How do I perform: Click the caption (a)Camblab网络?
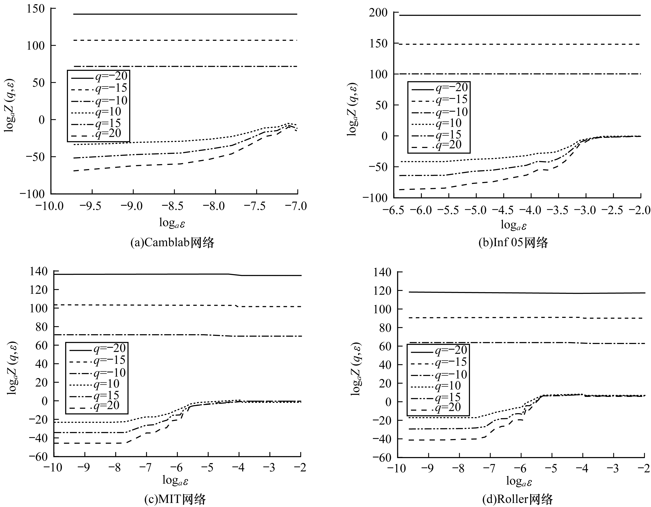pos(172,243)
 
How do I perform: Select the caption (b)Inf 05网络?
pos(513,243)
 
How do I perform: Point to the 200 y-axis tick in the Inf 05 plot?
pos(378,13)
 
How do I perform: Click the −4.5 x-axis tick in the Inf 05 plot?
pos(503,210)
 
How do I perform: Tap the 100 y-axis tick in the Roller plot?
pos(382,309)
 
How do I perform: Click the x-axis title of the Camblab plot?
pos(172,223)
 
